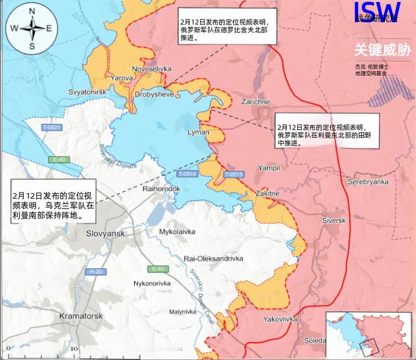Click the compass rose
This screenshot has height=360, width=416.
[x=32, y=28]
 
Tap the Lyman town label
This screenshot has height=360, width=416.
[x=198, y=133]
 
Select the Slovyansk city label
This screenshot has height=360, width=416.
[x=105, y=233]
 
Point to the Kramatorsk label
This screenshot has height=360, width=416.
[x=80, y=315]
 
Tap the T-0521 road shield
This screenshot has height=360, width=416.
[x=52, y=128]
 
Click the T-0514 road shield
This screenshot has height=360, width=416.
[x=187, y=174]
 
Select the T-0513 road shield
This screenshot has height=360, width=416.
[x=233, y=174]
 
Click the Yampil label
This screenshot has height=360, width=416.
[x=269, y=168]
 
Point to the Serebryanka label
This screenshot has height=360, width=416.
[x=368, y=182]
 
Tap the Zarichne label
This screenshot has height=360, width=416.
[x=256, y=102]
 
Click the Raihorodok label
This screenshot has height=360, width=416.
[x=161, y=189]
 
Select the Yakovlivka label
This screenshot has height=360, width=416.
[x=280, y=319]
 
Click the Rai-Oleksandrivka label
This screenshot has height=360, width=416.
[x=213, y=258]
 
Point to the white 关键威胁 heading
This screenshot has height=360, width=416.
[x=382, y=50]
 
